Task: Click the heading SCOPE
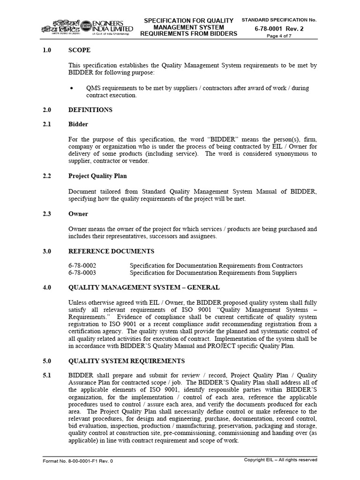coord(79,50)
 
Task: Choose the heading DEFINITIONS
coord(90,110)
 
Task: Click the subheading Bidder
coord(78,124)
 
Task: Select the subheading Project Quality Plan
coord(97,176)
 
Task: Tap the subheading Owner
coord(78,214)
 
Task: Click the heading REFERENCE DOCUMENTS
coord(111,251)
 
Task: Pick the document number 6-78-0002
coord(82,265)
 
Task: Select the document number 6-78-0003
coord(82,273)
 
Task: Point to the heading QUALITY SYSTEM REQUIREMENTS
coord(127,361)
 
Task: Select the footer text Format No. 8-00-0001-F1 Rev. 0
coord(78,461)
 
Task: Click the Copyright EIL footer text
coord(280,460)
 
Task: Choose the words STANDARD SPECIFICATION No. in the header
coord(279,20)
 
